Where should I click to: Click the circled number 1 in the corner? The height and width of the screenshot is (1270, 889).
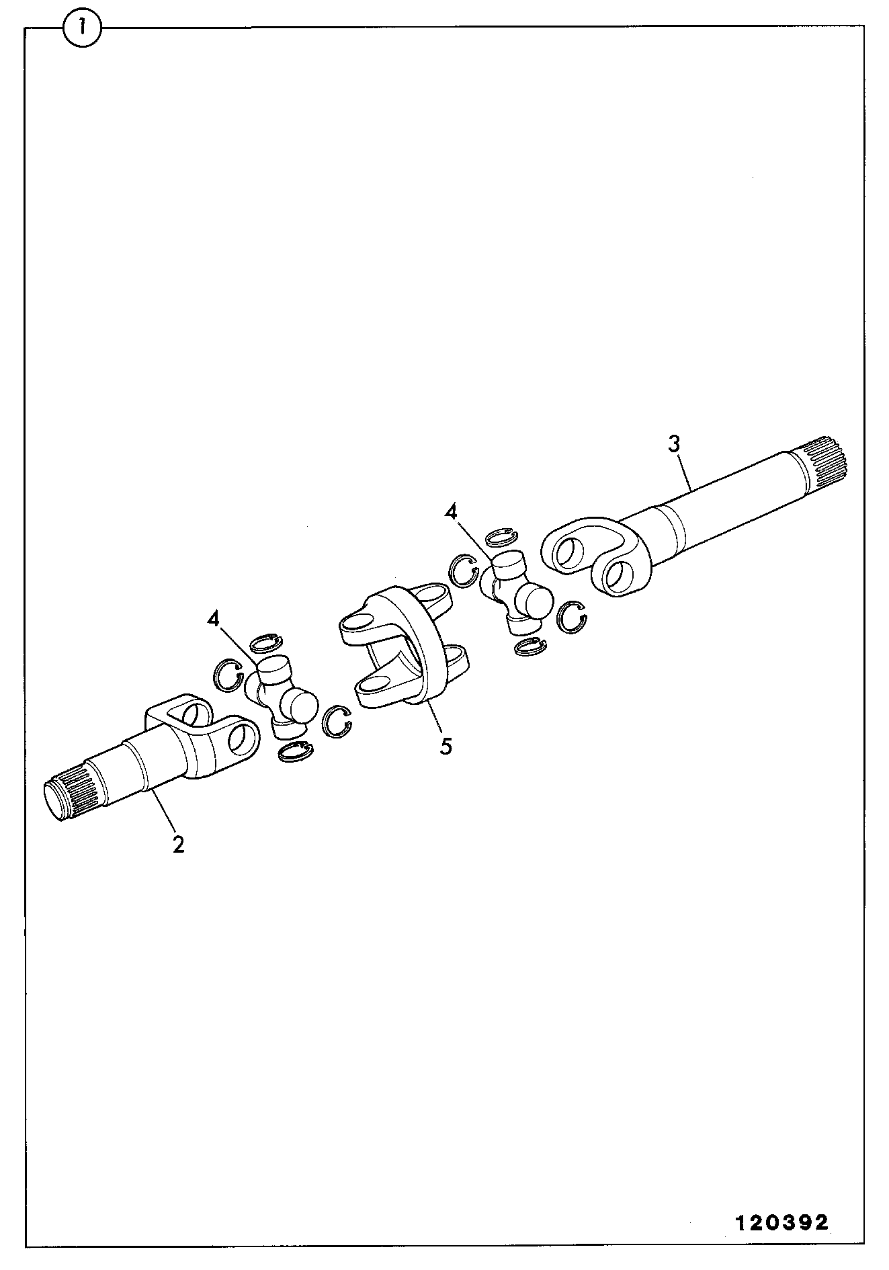click(x=82, y=28)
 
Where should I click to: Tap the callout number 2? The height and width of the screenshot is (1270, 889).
click(x=178, y=844)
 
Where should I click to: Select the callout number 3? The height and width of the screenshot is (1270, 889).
click(x=673, y=443)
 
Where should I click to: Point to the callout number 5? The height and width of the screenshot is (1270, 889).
click(x=446, y=746)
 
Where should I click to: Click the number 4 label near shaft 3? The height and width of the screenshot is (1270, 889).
click(x=451, y=513)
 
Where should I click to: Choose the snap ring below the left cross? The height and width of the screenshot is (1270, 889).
click(x=294, y=752)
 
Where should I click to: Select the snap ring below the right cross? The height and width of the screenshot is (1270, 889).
click(x=530, y=646)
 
